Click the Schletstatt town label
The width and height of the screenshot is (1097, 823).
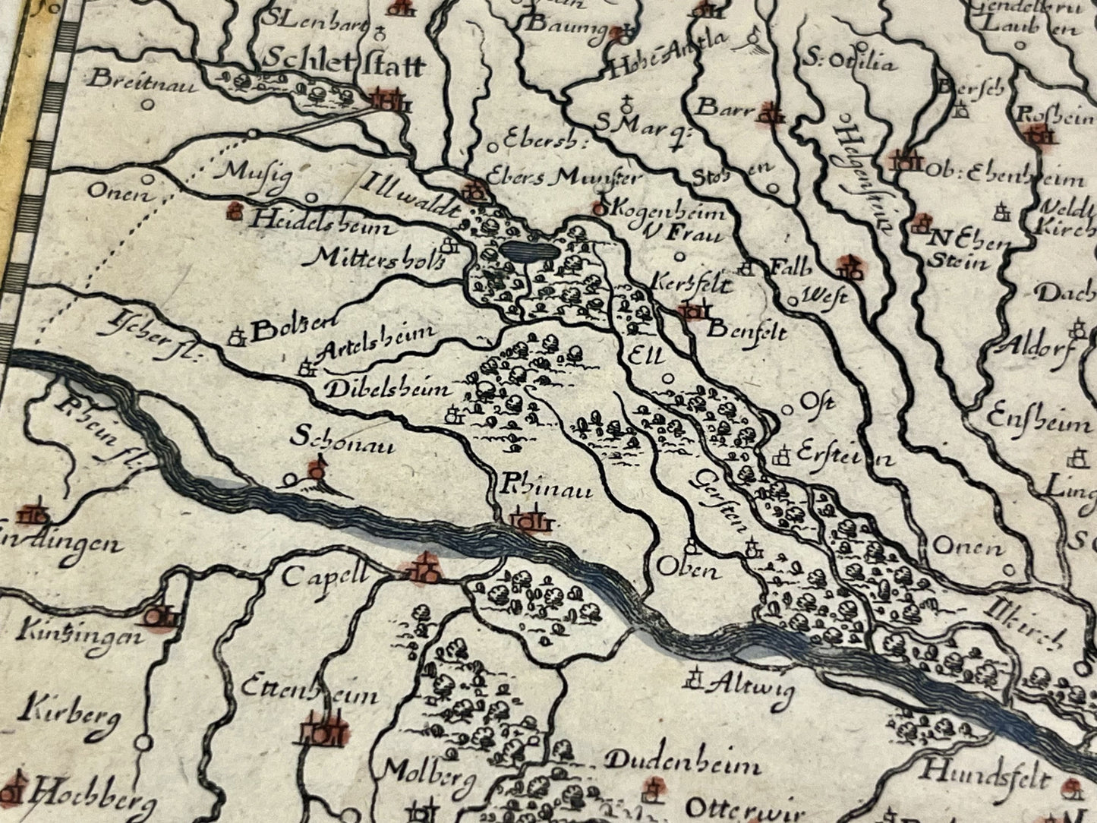[x=345, y=65]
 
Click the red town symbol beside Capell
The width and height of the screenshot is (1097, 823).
[x=420, y=569]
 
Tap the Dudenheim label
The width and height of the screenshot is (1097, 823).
[x=673, y=763]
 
